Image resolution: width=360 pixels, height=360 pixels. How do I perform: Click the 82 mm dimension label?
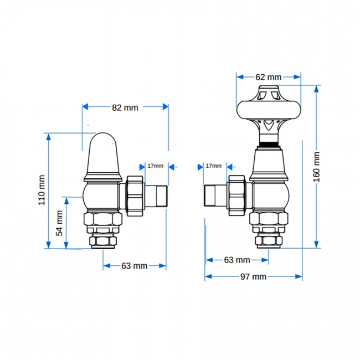pyautogui.click(x=125, y=107)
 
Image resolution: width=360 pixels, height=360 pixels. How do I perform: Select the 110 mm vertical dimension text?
pyautogui.click(x=41, y=190)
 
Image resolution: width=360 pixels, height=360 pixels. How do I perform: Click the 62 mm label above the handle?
pyautogui.click(x=269, y=77)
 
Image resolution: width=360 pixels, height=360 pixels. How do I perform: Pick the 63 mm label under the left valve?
pyautogui.click(x=134, y=266)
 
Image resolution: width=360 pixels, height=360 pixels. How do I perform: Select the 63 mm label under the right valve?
pyautogui.click(x=236, y=260)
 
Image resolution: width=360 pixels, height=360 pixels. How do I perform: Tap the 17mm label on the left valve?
pyautogui.click(x=155, y=166)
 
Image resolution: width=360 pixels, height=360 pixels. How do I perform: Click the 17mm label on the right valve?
pyautogui.click(x=213, y=166)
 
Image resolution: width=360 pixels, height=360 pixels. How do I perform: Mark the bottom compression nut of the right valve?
pyautogui.click(x=269, y=240)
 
